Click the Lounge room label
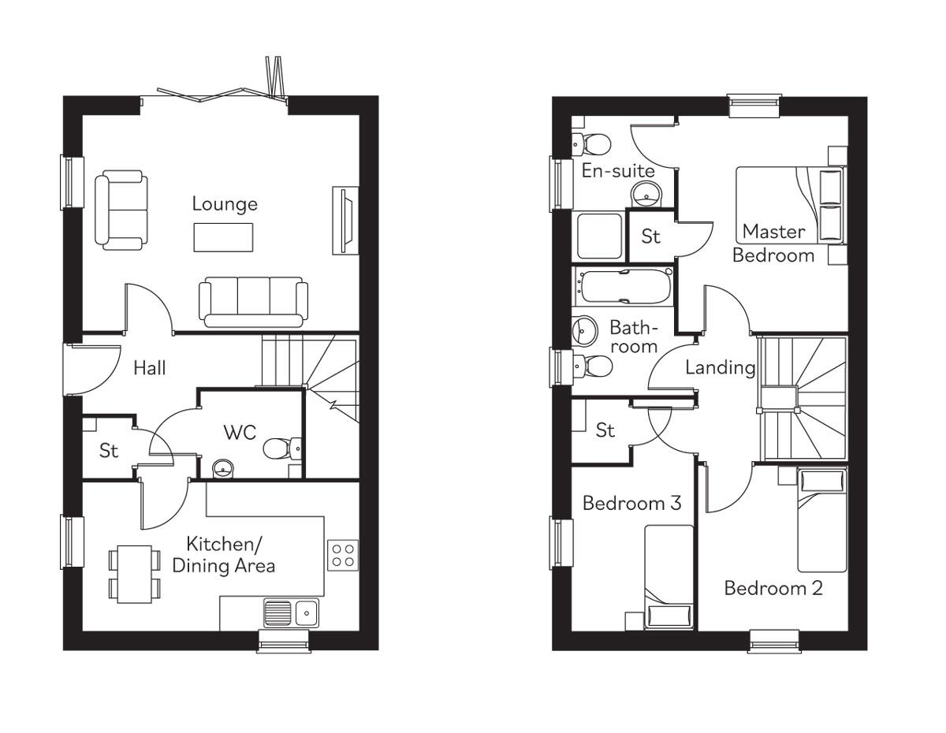pyautogui.click(x=225, y=205)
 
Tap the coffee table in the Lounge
pyautogui.click(x=223, y=236)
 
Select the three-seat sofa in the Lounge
pyautogui.click(x=253, y=301)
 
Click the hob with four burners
pyautogui.click(x=343, y=554)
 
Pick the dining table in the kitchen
pyautogui.click(x=135, y=574)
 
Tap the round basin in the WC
pyautogui.click(x=223, y=468)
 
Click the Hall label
pyautogui.click(x=150, y=367)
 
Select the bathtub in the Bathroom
pyautogui.click(x=624, y=287)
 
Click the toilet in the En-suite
pyautogui.click(x=593, y=143)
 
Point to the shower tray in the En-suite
pyautogui.click(x=598, y=236)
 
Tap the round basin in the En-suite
pyautogui.click(x=647, y=192)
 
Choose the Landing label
pyautogui.click(x=720, y=367)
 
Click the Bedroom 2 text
pyautogui.click(x=773, y=589)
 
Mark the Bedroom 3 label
pyautogui.click(x=631, y=504)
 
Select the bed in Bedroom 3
pyautogui.click(x=669, y=577)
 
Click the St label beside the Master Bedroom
pyautogui.click(x=650, y=236)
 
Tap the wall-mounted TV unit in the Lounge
pyautogui.click(x=345, y=220)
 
